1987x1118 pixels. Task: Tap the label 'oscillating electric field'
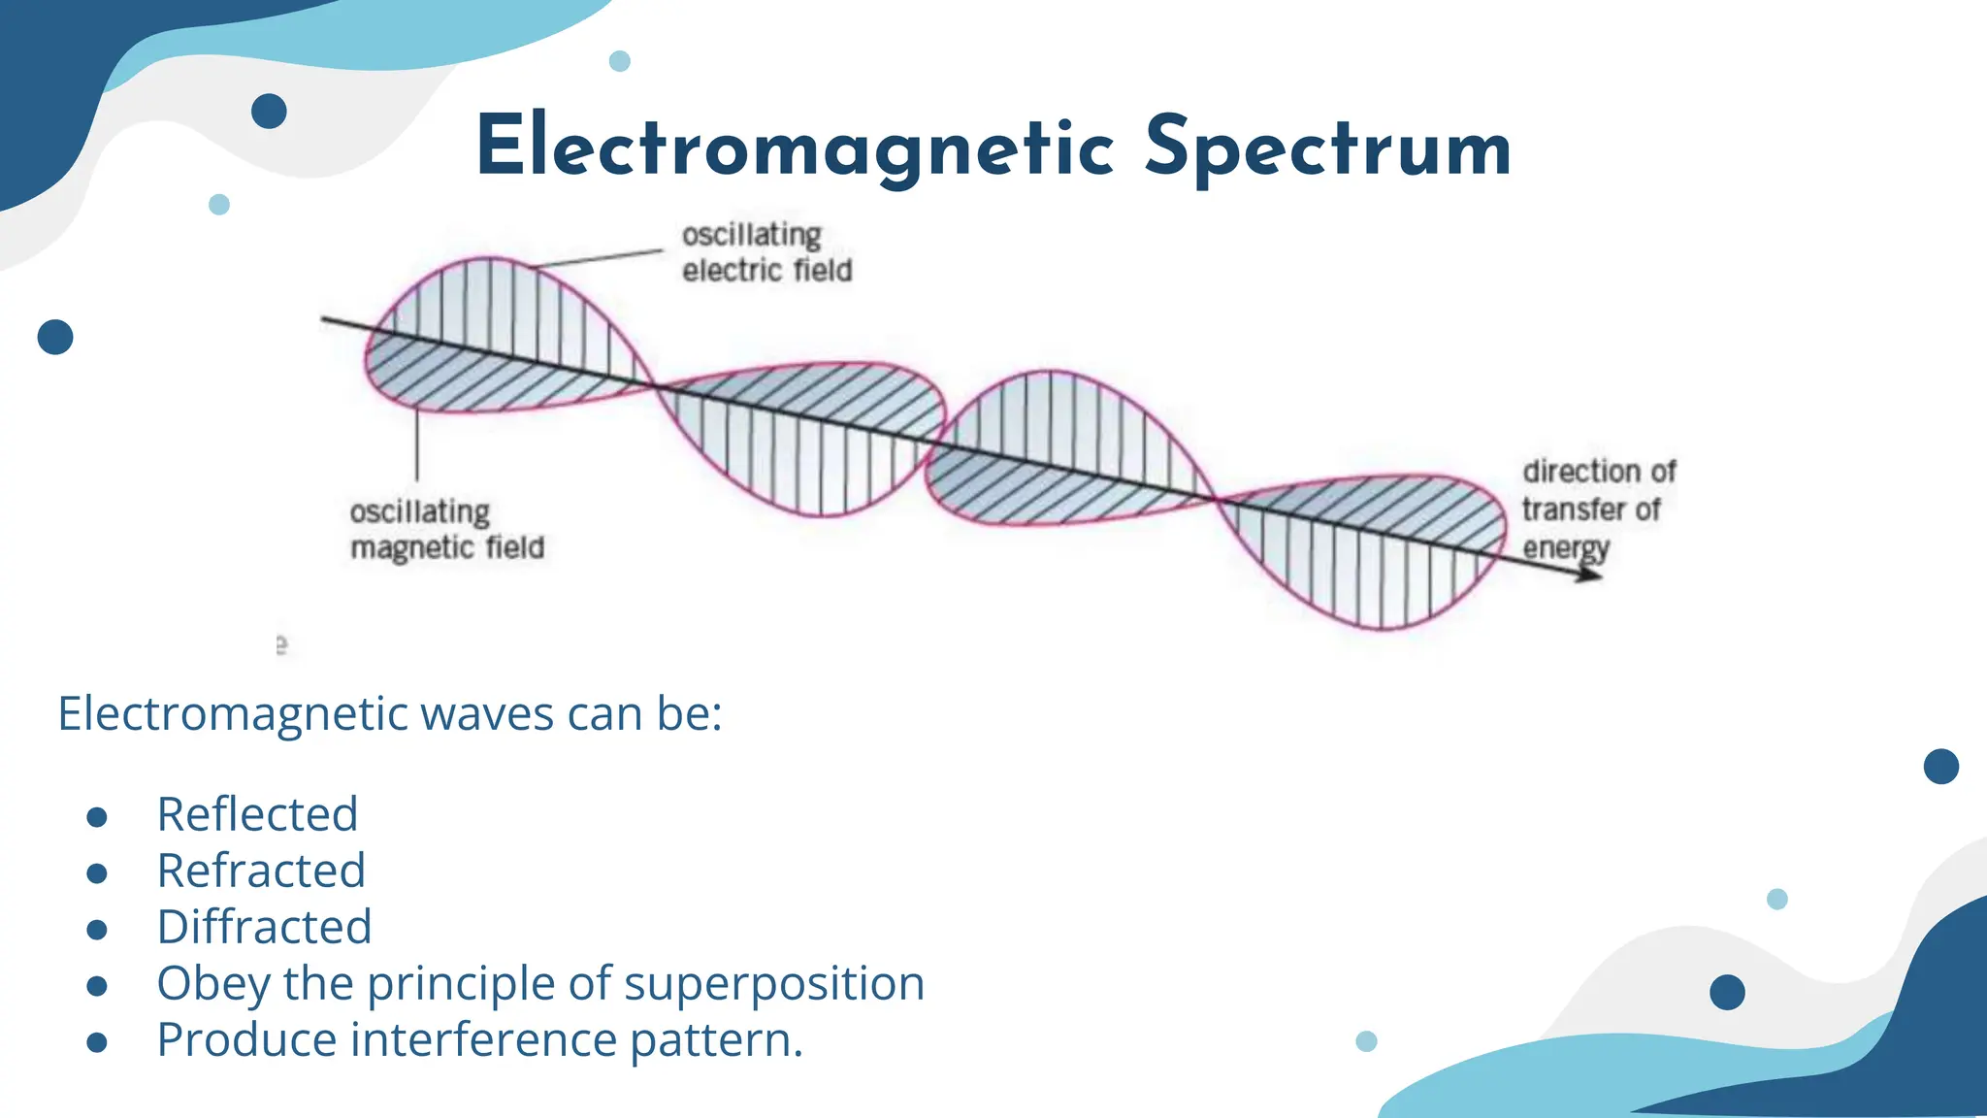(766, 252)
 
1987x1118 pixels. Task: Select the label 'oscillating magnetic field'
(446, 530)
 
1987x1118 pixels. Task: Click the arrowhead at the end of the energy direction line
(1591, 575)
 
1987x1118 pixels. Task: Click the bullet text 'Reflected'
(257, 814)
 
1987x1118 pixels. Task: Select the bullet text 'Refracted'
(261, 871)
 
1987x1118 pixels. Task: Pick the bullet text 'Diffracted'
(264, 927)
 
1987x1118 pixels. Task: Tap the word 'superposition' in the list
(773, 984)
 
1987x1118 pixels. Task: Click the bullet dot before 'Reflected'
(96, 817)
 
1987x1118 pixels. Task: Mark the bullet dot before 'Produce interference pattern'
(96, 1042)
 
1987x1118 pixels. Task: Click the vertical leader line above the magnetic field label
(417, 446)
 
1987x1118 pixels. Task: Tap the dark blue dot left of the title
(269, 112)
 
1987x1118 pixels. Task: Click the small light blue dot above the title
(619, 61)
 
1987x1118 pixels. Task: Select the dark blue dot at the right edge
(1940, 767)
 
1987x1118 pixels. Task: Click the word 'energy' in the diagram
(1565, 548)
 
